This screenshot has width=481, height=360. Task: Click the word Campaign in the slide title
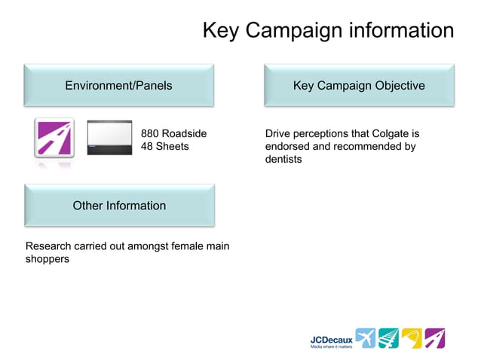(x=298, y=31)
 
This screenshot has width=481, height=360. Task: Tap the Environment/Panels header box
(x=118, y=85)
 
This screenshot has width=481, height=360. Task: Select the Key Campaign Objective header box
(x=358, y=85)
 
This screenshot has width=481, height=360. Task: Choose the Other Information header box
(x=119, y=205)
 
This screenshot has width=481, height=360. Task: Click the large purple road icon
(x=54, y=138)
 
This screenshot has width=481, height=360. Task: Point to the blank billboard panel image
(x=109, y=138)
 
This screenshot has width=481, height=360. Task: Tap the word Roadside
(x=185, y=134)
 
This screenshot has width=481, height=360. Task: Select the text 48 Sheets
(x=165, y=147)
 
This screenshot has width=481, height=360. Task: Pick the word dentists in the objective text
(x=283, y=160)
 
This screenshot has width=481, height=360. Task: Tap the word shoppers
(x=47, y=259)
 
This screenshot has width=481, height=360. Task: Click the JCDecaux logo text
(x=331, y=340)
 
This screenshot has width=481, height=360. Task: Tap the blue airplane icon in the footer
(x=365, y=338)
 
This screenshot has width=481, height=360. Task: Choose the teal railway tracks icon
(x=388, y=338)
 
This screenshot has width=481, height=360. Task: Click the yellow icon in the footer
(x=412, y=338)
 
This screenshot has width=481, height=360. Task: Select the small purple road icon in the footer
(x=435, y=338)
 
